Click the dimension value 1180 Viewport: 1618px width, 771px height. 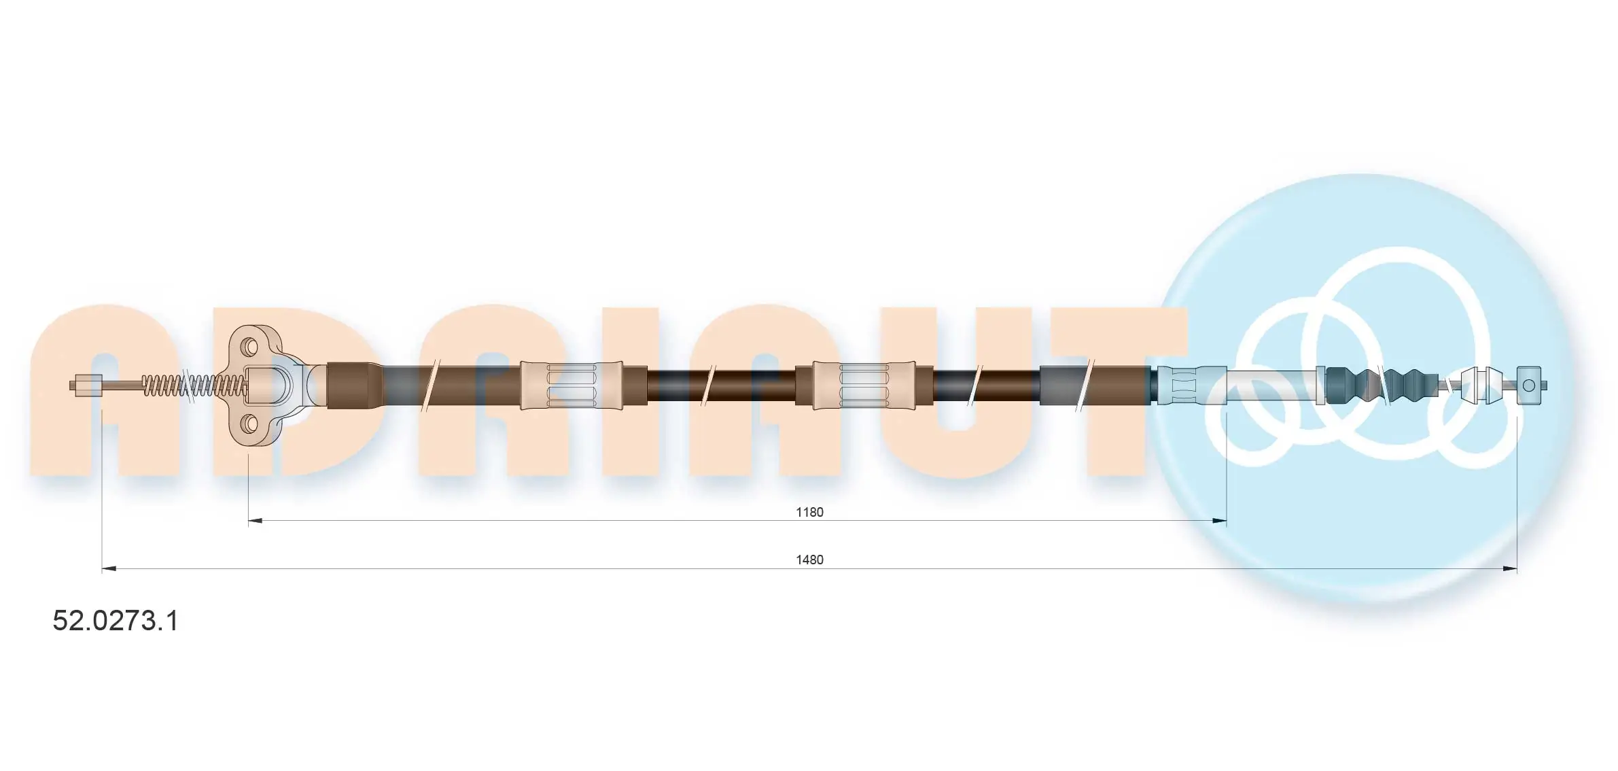[809, 512]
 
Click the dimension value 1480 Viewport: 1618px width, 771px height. [809, 560]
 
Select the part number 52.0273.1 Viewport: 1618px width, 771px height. [116, 621]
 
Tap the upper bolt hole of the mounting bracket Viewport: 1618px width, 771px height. [249, 345]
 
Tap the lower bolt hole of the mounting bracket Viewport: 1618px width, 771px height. [249, 424]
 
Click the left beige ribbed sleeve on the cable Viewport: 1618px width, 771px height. [571, 385]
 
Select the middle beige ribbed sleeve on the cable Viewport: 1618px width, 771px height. [864, 385]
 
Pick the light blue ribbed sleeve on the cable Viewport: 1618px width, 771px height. [1191, 385]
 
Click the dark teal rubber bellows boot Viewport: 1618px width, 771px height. [1383, 385]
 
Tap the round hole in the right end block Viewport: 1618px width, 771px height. [1529, 385]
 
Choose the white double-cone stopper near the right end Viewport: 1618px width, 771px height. [1478, 385]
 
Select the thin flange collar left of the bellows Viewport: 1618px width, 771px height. [1320, 385]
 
